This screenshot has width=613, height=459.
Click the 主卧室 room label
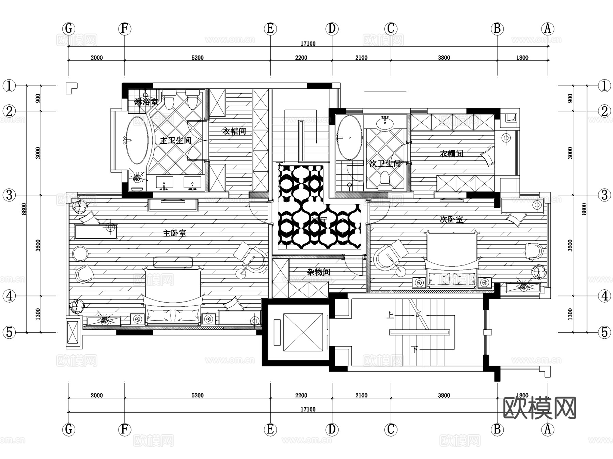point(175,233)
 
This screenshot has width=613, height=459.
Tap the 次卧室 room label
point(452,219)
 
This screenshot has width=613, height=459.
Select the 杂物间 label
point(318,272)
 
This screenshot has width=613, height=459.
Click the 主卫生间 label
point(176,140)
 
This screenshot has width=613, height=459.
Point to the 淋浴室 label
point(146,102)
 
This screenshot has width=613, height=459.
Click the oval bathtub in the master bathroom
point(137,140)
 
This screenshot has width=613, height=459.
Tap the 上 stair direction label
point(390,315)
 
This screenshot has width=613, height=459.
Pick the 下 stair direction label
point(414,350)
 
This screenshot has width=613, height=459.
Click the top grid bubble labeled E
point(270,29)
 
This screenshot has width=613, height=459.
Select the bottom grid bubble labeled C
point(391,429)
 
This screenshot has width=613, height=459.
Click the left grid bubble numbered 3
point(9,195)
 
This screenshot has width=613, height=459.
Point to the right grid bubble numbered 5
point(604,332)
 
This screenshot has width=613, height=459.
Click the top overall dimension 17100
point(308,44)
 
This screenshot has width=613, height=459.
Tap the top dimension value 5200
point(197,58)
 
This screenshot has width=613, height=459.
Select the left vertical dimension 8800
point(24,209)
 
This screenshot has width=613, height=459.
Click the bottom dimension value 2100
point(361,395)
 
